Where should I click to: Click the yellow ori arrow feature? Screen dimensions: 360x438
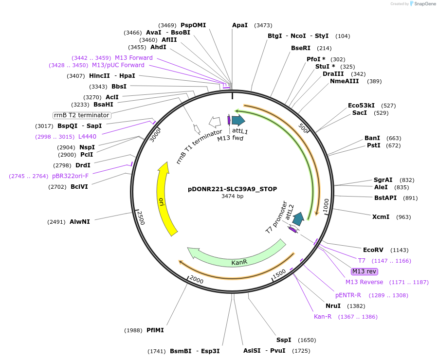(164, 199)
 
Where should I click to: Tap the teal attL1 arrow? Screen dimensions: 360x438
(238, 120)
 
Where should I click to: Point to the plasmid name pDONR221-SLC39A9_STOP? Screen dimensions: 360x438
(232, 189)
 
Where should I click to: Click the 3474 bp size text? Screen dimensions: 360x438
(232, 196)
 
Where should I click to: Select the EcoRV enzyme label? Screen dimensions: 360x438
(373, 250)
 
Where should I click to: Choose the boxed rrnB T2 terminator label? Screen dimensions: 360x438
(82, 115)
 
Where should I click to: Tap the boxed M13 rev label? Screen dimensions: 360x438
(364, 271)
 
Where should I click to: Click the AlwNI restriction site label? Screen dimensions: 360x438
(79, 222)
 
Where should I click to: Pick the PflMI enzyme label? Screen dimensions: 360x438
(155, 330)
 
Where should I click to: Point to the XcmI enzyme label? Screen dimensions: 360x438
(381, 217)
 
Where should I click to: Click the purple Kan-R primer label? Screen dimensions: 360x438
(322, 317)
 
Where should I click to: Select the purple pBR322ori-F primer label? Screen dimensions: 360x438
(70, 176)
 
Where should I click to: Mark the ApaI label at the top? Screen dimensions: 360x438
(240, 25)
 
